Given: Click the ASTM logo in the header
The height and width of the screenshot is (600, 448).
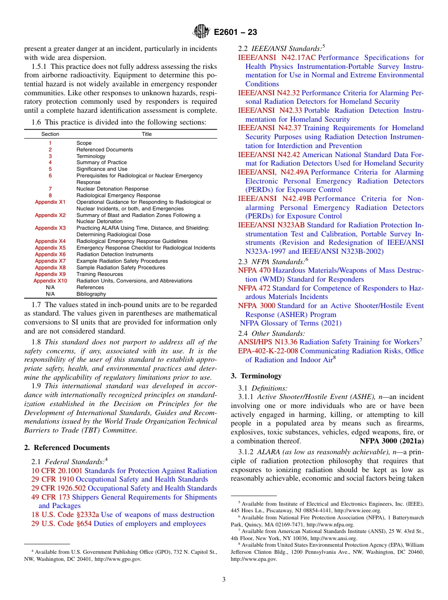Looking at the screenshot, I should coord(201,32).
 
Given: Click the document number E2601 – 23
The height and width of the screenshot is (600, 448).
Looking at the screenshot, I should coord(235,33).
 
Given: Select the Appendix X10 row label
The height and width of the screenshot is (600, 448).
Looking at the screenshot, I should coord(50,281).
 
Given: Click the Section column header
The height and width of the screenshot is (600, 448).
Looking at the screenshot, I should coord(50,134).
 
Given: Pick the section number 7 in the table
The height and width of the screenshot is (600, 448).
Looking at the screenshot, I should coord(50,189).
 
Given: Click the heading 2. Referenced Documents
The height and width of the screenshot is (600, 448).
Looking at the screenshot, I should coord(67,448).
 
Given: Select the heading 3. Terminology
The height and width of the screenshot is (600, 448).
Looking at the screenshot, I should coord(256,376).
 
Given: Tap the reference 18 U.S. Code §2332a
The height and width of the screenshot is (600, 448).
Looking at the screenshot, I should coord(65,515).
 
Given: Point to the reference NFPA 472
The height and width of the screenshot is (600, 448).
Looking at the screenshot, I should coord(254,288).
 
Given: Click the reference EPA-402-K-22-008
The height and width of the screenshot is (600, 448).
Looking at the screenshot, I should coord(268,351).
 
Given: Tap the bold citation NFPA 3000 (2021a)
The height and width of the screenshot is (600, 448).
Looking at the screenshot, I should coord(391,441).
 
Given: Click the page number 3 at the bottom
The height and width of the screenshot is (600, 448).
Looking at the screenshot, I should coord(224,579).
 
